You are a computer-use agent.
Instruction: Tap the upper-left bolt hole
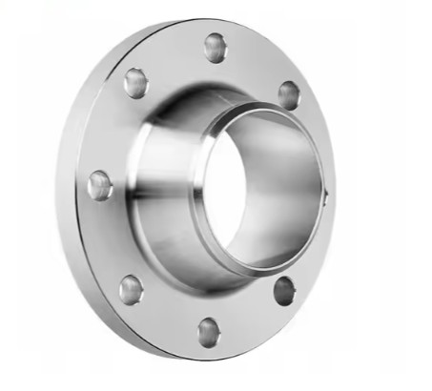(136, 84)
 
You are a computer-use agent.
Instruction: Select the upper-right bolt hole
(288, 93)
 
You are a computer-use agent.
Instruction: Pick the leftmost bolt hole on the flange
(99, 185)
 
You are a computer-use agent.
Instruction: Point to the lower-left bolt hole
(132, 287)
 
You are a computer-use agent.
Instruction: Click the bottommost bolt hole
(209, 332)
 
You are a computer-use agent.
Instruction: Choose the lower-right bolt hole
(284, 290)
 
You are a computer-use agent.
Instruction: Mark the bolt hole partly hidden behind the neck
(326, 198)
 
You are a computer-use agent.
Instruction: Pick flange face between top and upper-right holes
(256, 62)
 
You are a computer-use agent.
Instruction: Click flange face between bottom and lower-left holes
(167, 317)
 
